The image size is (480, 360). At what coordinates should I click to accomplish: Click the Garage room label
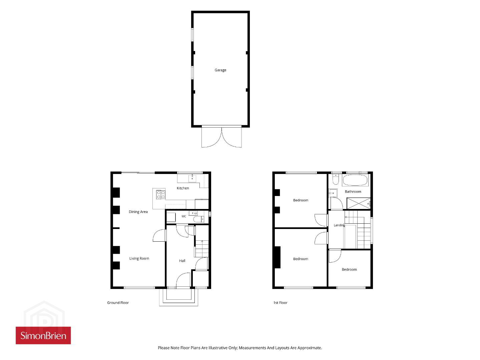coord(220,70)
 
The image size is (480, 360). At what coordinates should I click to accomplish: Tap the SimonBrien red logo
coord(43,335)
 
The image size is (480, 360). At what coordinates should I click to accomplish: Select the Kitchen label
coord(182,188)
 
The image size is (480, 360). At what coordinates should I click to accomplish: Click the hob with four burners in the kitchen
coord(161,195)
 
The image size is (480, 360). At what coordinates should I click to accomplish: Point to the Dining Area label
coord(138,212)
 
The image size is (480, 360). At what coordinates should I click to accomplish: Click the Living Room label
coord(139,258)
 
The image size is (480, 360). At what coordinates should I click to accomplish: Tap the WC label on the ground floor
coord(184,216)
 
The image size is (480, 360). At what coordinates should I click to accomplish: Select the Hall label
coord(182,261)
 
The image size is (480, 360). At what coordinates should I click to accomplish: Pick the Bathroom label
coord(353,192)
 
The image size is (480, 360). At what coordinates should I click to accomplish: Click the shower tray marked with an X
coord(358,203)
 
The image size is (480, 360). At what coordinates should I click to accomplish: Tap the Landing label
coord(339,225)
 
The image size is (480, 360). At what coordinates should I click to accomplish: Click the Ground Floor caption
coord(118,303)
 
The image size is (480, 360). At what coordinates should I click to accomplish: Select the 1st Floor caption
coord(280,303)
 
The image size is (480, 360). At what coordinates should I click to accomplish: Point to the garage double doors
coord(221,137)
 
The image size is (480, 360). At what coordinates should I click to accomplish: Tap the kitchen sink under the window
coord(192,178)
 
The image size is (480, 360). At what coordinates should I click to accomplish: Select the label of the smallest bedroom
coord(349,270)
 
